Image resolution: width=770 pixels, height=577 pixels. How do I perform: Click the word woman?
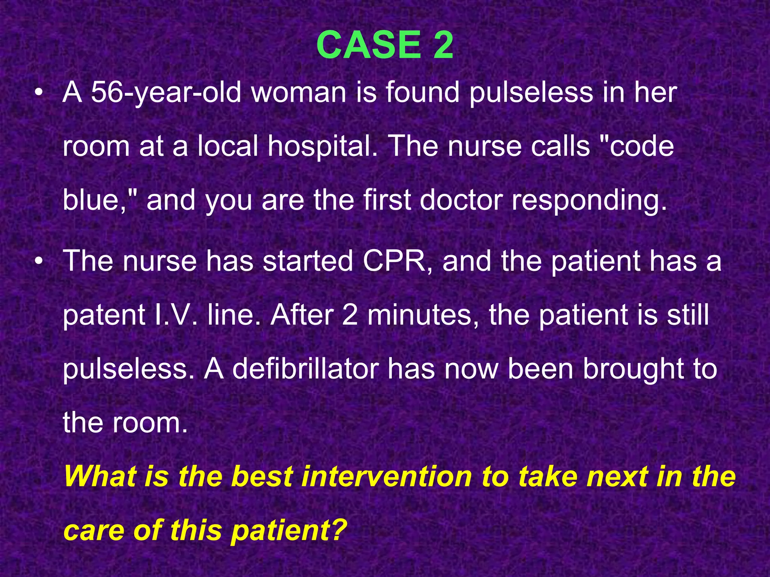coord(299,92)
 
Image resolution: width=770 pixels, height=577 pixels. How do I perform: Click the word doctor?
coord(461,200)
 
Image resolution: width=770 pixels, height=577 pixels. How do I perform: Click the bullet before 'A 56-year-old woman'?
coord(38,93)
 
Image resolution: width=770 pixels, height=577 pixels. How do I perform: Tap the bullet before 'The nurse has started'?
coord(38,261)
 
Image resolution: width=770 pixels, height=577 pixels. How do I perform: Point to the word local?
coord(228,147)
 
